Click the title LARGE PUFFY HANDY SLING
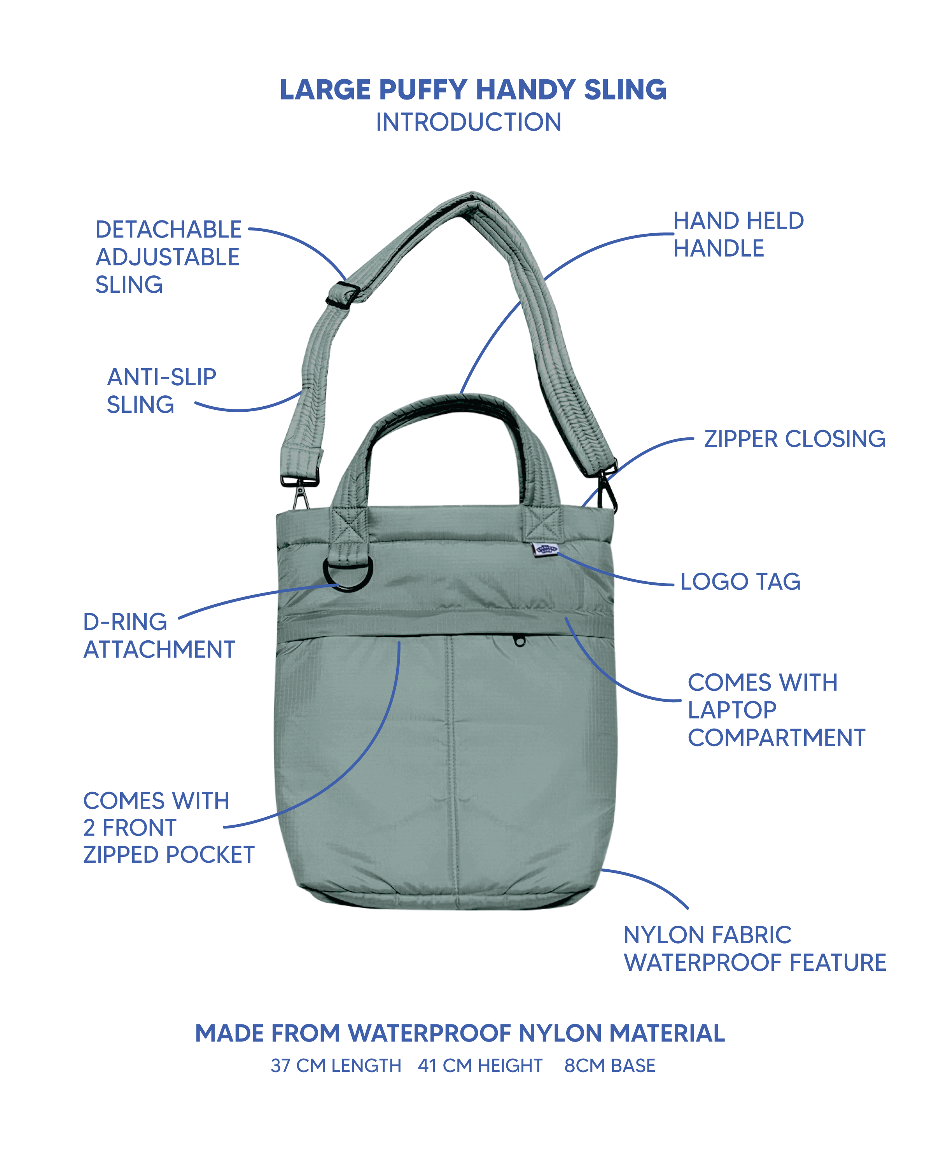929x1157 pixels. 473,90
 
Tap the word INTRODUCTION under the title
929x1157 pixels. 469,122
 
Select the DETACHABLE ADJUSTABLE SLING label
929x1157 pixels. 168,257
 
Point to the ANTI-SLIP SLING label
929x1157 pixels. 161,391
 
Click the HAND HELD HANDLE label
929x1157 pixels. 738,234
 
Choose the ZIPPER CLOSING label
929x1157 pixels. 795,439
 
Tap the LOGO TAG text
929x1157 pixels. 740,582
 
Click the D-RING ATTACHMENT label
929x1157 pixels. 159,636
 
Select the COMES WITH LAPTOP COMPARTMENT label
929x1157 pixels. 777,710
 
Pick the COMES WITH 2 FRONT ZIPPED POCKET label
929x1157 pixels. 168,827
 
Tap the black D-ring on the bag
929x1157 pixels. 348,573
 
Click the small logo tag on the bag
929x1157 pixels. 545,549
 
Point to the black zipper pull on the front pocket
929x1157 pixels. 519,640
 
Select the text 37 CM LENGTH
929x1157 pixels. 336,1066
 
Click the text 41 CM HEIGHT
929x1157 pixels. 480,1066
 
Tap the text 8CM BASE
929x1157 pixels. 610,1066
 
